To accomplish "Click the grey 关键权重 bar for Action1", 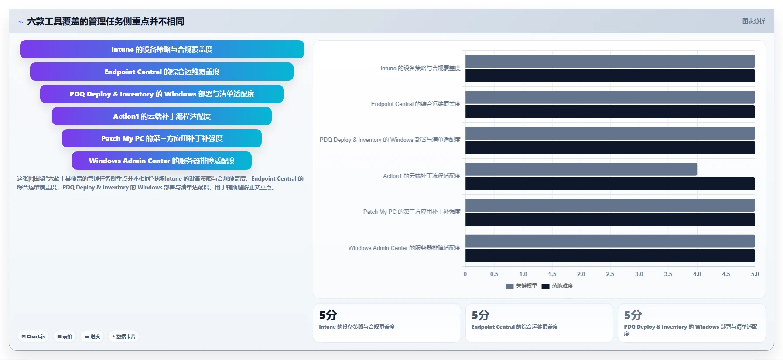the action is tap(581, 169).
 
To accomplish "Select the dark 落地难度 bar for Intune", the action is tap(610, 75).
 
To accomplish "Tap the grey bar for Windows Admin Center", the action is tap(610, 241).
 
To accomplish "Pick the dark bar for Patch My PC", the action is tap(610, 219).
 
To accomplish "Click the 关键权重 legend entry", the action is tap(521, 286).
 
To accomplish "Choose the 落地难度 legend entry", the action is tap(557, 286).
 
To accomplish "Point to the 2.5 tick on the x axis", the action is tap(610, 274).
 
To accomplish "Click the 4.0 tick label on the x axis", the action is tap(697, 274).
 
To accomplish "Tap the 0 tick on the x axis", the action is tap(465, 274).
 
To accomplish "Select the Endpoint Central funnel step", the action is tap(162, 72).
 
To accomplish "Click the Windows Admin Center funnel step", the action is tap(162, 161).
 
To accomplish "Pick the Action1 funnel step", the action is tap(162, 116).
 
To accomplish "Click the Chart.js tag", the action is tap(33, 336).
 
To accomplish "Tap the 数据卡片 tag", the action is tap(124, 336).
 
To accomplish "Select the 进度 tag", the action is tap(92, 336).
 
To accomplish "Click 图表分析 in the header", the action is tap(753, 21).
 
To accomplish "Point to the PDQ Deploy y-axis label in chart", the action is tap(390, 140).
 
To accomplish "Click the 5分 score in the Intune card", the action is tap(328, 315).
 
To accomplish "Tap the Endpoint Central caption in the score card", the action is tap(515, 327).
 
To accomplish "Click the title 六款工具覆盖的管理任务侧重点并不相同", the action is tap(106, 21).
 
